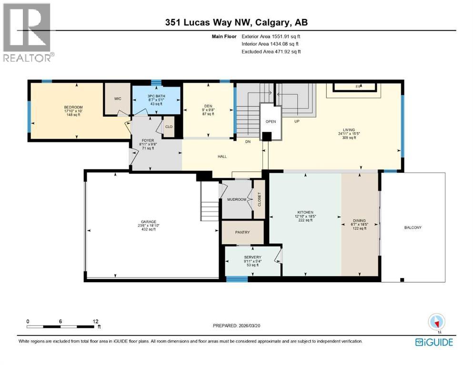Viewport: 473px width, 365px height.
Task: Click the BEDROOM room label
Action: click(x=73, y=107)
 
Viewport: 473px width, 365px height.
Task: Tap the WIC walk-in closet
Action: click(x=117, y=99)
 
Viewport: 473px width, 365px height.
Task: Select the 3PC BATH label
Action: click(x=156, y=96)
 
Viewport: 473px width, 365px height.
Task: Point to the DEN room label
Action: click(x=208, y=106)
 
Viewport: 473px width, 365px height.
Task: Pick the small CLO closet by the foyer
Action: click(x=169, y=127)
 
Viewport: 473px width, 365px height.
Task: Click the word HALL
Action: click(x=222, y=156)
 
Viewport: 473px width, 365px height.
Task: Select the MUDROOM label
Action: click(x=236, y=199)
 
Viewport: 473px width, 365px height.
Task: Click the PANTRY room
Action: click(x=242, y=233)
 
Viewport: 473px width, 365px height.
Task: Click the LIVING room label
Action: click(x=350, y=129)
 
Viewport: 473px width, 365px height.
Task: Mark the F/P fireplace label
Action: click(x=359, y=86)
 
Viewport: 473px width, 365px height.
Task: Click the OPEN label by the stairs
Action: click(x=271, y=121)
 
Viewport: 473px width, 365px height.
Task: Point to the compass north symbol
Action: click(x=436, y=322)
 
